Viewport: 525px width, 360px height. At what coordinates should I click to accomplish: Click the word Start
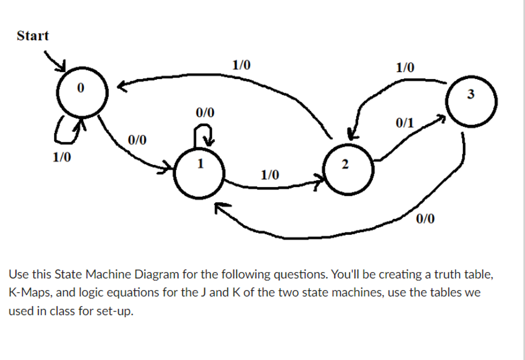click(33, 36)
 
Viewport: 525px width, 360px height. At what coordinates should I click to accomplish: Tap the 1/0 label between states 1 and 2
click(270, 174)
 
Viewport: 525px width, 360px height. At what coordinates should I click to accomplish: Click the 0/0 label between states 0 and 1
click(137, 140)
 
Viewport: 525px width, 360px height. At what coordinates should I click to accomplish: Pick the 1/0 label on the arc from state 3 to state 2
click(406, 67)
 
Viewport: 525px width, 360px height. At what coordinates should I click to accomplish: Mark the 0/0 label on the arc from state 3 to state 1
click(426, 219)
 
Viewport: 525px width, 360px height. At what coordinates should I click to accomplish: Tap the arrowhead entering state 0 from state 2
click(121, 88)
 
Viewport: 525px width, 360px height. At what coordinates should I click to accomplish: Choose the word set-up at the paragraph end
click(119, 312)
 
